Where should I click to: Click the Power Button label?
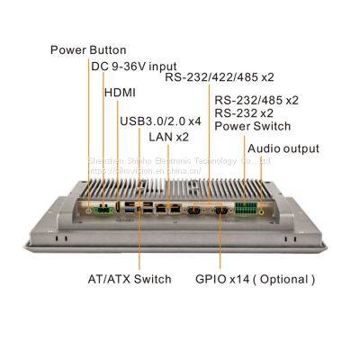coord(86,49)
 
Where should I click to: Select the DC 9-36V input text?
coord(134,67)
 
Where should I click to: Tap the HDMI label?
coord(121,92)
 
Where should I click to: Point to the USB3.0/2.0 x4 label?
coord(161,121)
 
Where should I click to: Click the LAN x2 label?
coord(168,137)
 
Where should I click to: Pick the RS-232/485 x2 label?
coord(256,100)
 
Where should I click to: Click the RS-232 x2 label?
coord(243,113)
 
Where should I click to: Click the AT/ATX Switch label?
coord(130,279)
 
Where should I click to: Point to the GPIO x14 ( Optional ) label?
coord(256,279)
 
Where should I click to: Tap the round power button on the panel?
coord(89,208)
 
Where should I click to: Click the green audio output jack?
coord(265,209)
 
